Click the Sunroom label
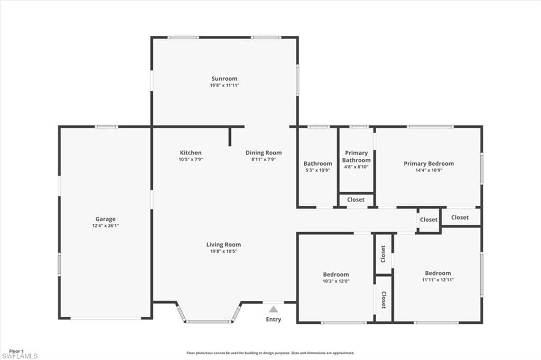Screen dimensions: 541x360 coord(224,79)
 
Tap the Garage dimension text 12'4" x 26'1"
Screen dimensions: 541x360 coord(105,226)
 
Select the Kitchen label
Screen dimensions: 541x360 coord(191,153)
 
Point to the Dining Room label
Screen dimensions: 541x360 coord(264,153)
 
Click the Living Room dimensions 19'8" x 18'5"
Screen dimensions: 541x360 coord(223,251)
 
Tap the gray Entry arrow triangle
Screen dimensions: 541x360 coord(273,309)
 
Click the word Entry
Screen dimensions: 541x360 coord(273,320)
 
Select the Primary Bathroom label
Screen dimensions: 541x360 coord(357,157)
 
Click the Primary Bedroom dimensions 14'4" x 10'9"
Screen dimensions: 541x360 coord(428,170)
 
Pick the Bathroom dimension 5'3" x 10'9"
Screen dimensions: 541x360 coord(318,170)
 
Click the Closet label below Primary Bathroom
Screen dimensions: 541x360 coord(356,200)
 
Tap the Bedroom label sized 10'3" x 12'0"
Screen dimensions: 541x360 coord(335,274)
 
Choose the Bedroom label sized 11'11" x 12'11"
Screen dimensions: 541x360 coord(438,273)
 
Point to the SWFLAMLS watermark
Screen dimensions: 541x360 coord(20,356)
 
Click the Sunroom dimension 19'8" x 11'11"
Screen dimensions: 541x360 coord(224,86)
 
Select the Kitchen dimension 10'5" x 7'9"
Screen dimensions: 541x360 coord(191,159)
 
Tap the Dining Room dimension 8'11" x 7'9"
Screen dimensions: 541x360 coord(264,159)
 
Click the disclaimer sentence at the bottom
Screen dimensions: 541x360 coord(270,353)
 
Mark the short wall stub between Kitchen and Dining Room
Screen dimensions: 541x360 coord(230,137)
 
